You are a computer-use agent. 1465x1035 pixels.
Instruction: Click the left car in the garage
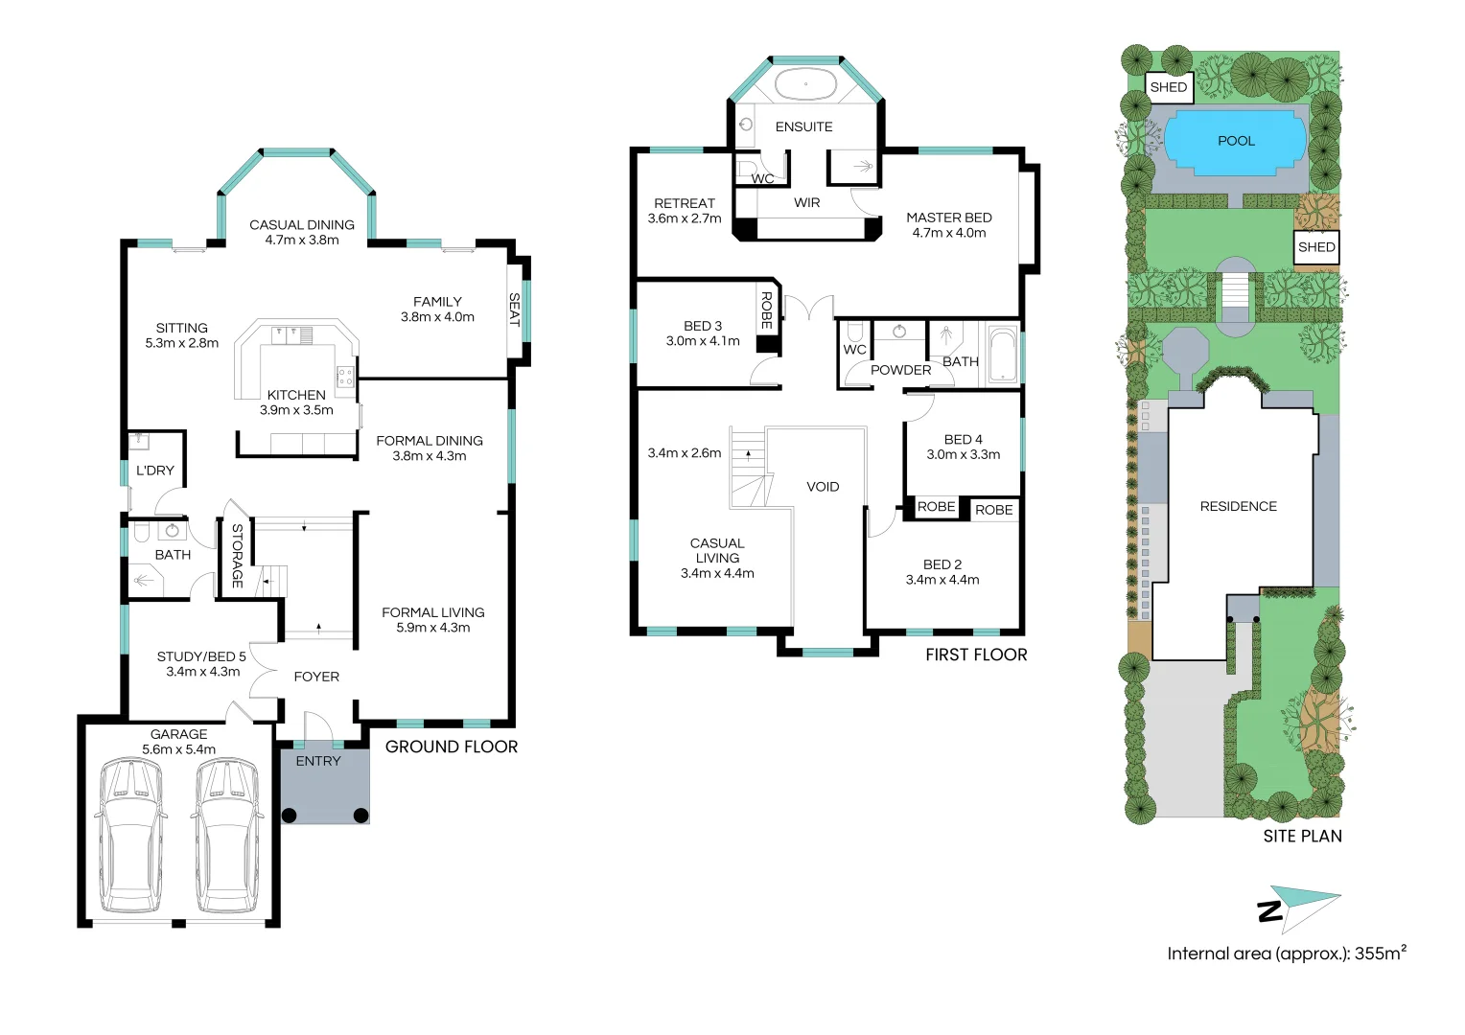coord(131,836)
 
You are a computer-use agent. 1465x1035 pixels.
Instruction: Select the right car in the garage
coord(228,836)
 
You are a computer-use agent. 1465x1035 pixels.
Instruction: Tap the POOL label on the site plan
coord(1236,141)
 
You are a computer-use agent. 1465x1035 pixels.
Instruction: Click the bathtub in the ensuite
coord(805,84)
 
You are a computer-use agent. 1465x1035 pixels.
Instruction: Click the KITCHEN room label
coord(296,395)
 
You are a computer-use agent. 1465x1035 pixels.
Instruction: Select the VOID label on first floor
coord(823,487)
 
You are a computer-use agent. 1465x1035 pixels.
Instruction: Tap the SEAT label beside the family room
coord(515,310)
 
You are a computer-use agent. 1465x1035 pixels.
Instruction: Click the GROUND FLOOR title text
coord(451,747)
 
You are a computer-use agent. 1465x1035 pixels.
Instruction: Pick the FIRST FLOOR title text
coord(976,655)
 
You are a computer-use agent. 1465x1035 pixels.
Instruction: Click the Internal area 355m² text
coord(1286,954)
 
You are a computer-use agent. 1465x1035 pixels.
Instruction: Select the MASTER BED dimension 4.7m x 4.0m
coord(949,233)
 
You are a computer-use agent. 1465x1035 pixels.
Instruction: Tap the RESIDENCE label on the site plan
coord(1238,506)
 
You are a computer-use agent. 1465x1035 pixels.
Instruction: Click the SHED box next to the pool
coord(1169,87)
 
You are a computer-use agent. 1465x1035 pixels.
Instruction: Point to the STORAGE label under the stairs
coord(238,555)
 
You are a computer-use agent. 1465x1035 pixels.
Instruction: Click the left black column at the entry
coord(290,816)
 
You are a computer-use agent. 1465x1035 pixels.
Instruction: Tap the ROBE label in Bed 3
coord(767,310)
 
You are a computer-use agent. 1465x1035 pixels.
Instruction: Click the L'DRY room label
coord(155,471)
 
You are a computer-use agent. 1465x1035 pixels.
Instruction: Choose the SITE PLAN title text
coord(1302,836)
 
